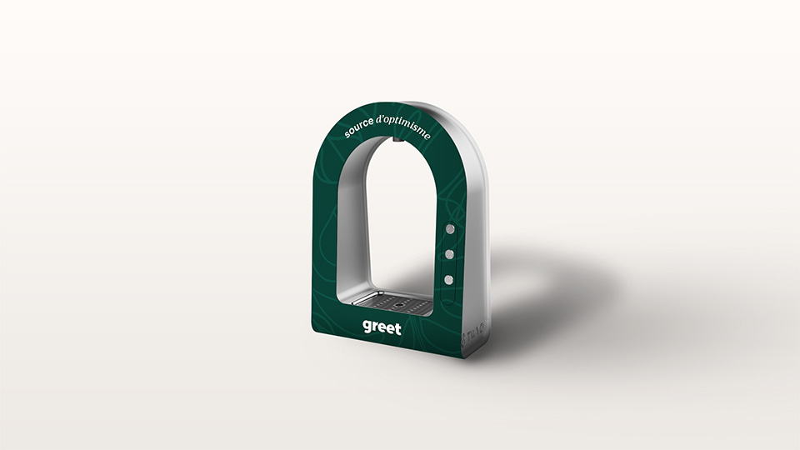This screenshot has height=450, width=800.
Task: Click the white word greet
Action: (382, 328)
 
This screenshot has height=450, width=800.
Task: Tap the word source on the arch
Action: (358, 127)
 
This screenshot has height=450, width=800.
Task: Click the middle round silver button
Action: (449, 253)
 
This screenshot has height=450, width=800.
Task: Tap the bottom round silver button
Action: (448, 279)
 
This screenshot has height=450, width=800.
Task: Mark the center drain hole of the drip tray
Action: (397, 305)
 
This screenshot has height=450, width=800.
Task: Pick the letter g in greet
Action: (367, 327)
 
